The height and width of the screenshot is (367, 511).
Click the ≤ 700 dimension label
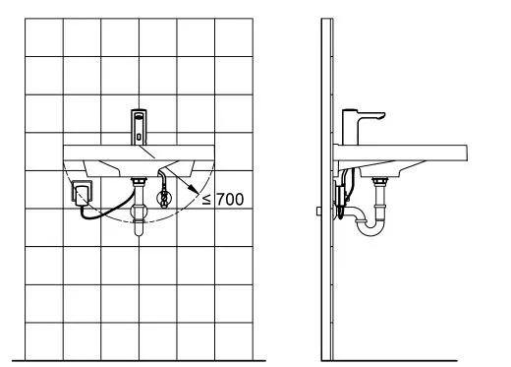(x=223, y=200)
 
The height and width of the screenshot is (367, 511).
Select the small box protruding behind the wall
(x=319, y=210)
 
